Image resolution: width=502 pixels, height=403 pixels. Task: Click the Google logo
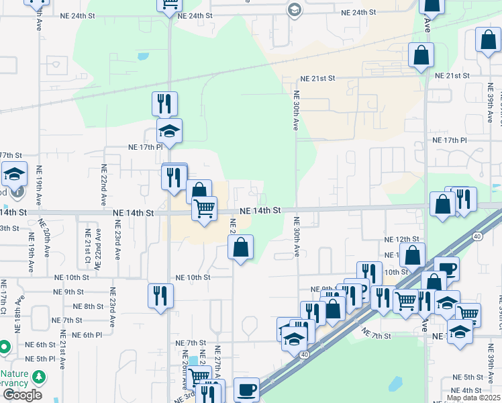click(22, 395)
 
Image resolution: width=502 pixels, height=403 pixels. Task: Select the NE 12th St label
click(401, 239)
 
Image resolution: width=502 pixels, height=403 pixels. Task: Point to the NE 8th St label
click(88, 306)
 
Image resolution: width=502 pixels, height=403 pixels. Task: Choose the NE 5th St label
click(467, 377)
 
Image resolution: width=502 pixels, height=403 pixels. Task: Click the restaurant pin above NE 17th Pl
click(164, 103)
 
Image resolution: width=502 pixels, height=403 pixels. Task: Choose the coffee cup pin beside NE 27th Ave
click(246, 390)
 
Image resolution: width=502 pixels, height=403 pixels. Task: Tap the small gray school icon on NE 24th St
click(294, 10)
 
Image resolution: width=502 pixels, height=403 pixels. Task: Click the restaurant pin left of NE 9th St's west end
click(160, 296)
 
